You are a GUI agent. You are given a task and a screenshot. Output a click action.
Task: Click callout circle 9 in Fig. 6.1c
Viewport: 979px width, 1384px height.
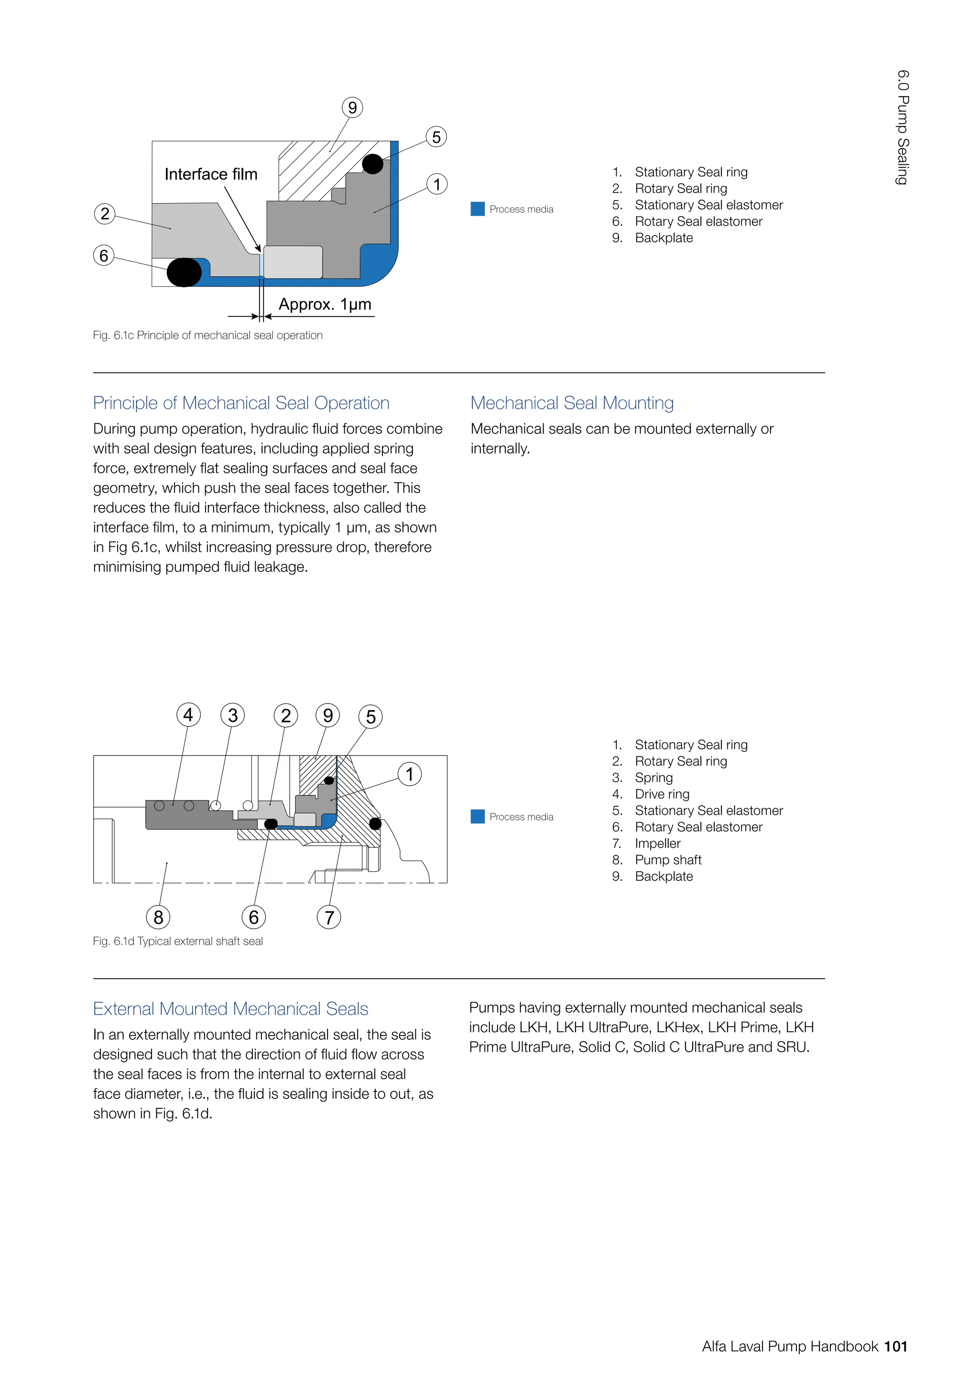tap(353, 108)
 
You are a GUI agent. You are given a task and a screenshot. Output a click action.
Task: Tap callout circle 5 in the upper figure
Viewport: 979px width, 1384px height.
tap(436, 137)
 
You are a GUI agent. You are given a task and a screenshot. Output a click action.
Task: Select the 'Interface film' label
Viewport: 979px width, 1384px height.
tap(211, 174)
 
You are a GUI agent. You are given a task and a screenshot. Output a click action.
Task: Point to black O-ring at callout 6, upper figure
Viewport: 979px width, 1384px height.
tap(184, 272)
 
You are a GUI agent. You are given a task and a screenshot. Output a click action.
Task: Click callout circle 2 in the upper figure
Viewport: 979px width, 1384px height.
tap(105, 214)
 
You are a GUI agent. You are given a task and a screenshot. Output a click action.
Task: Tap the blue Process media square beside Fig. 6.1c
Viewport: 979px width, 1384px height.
tap(478, 208)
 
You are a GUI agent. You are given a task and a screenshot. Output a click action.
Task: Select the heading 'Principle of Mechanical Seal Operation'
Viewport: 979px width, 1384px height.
tap(241, 403)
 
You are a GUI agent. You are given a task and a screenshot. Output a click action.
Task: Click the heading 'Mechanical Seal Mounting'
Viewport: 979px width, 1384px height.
tap(572, 403)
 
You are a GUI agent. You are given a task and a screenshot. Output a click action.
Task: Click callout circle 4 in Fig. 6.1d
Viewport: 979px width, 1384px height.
tap(188, 715)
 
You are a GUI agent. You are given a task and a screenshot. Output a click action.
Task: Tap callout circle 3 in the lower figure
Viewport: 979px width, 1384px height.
tap(233, 715)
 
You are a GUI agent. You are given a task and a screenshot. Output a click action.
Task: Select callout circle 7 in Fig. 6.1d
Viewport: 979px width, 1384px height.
tap(329, 918)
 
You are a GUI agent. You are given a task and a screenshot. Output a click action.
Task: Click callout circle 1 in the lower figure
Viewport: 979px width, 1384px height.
tap(410, 774)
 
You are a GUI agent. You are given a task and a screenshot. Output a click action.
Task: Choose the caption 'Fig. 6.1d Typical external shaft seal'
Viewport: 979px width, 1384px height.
tap(178, 941)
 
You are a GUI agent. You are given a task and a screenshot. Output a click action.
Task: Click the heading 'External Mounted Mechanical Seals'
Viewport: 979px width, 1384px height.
tap(230, 1008)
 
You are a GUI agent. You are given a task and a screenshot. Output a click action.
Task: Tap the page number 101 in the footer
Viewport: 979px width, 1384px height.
tap(896, 1346)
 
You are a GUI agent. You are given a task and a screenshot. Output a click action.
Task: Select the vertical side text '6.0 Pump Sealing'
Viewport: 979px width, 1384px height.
tap(903, 127)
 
